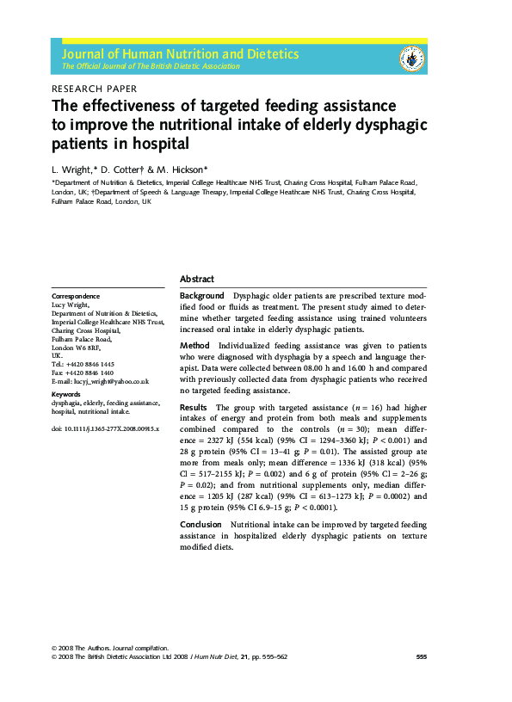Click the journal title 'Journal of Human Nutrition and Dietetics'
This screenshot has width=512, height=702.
click(x=180, y=53)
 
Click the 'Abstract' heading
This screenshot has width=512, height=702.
click(x=197, y=279)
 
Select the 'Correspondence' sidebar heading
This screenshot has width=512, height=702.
click(x=76, y=296)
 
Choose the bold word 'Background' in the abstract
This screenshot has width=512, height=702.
click(x=202, y=295)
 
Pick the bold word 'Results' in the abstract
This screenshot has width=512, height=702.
click(x=194, y=407)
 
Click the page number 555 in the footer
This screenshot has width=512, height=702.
click(x=421, y=656)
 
